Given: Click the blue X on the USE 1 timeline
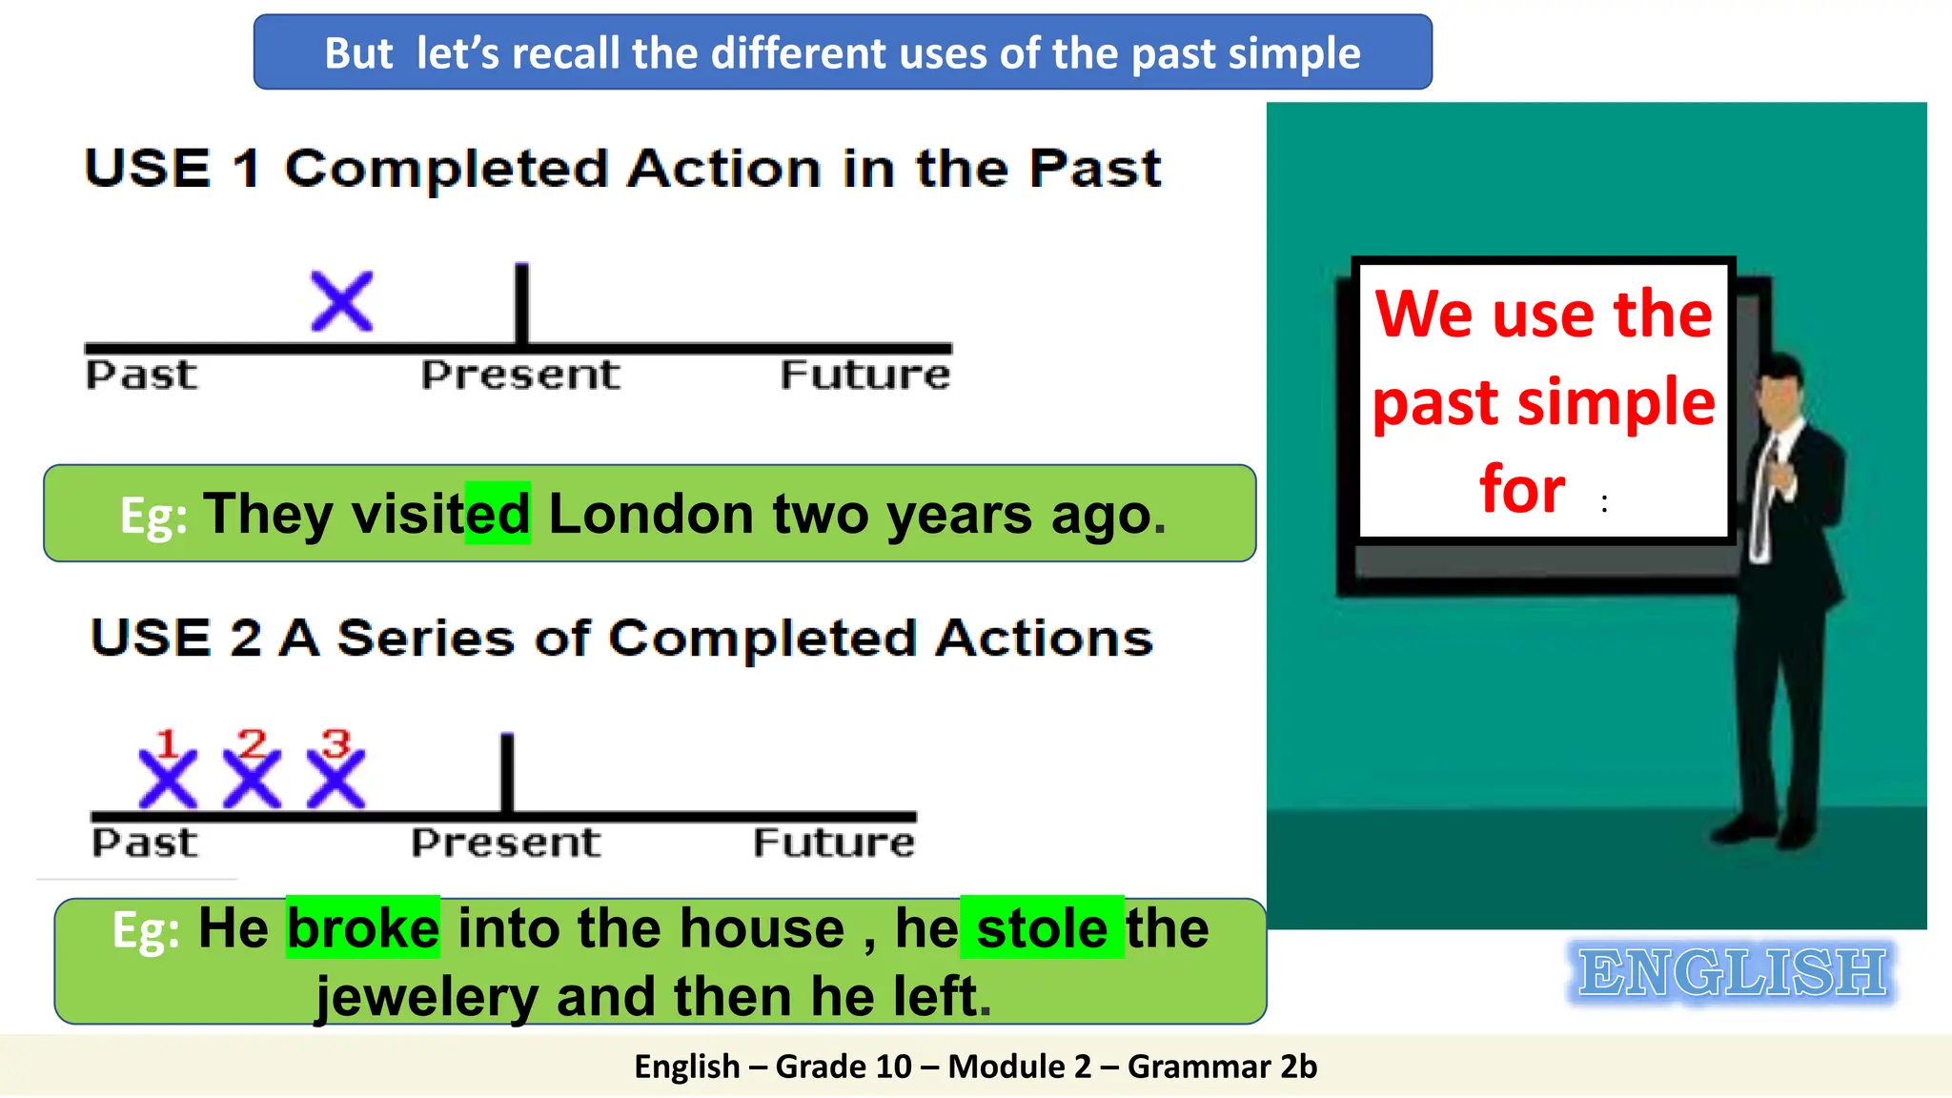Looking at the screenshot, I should coord(342,302).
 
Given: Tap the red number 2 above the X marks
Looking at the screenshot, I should coord(253,742).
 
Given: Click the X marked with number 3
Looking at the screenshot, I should coord(335,779).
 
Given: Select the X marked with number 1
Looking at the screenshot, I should coord(168,779).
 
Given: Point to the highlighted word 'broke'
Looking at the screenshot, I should coord(363,928).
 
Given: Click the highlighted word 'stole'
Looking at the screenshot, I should coord(1042,928).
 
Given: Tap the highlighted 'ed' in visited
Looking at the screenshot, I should coord(498,514).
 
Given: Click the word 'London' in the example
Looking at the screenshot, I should coord(651,514).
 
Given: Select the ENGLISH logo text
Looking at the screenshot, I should coord(1731,973).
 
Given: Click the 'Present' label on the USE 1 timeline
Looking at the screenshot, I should coord(520,375).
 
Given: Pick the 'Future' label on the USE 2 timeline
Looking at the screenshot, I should coord(834,843).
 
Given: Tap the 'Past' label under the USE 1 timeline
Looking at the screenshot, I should coord(142,375).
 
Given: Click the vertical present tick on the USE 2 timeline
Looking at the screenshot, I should coord(507,772).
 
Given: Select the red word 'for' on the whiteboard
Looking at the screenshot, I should coord(1522,489).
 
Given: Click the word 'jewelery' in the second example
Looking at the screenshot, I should coord(427,997).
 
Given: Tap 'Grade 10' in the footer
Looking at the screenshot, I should coord(844,1067).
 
